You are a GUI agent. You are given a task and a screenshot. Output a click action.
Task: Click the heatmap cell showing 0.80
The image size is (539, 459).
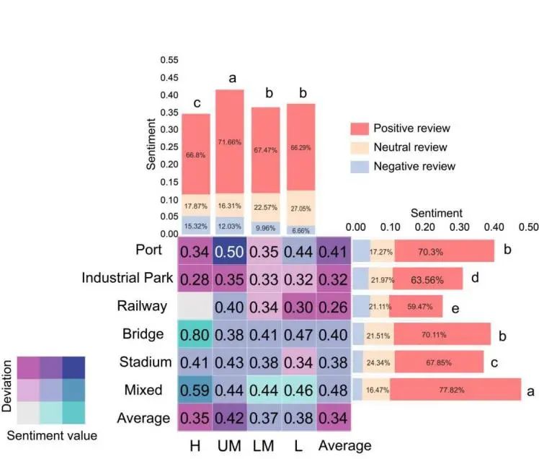click(195, 334)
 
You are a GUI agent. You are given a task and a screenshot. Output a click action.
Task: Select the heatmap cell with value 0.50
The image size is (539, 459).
click(230, 252)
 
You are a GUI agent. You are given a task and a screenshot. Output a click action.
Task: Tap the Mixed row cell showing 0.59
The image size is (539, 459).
click(195, 390)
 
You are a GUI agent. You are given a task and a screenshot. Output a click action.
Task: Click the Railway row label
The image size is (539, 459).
click(142, 306)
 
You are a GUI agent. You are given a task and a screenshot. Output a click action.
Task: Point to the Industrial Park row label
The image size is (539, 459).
click(124, 278)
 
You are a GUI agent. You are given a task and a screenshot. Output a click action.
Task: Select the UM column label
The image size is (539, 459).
click(229, 445)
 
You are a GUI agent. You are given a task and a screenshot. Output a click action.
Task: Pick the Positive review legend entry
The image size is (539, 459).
click(411, 128)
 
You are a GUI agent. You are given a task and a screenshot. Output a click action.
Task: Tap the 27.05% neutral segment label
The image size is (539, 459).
click(301, 205)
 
